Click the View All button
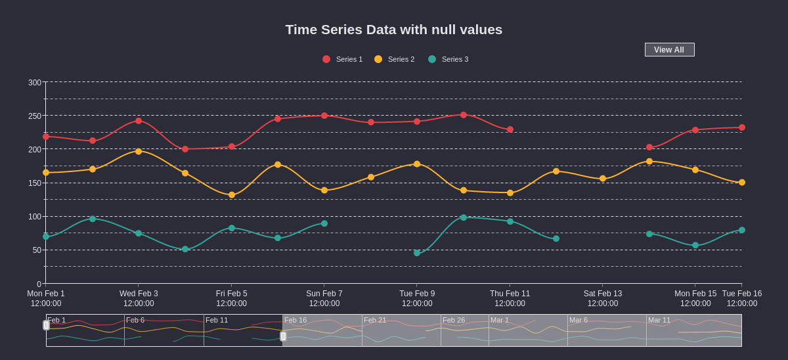[x=669, y=50]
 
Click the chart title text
[x=394, y=30]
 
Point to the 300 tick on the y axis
[x=35, y=83]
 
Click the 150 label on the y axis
[x=35, y=183]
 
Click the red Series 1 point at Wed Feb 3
[x=139, y=121]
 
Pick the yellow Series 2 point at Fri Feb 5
[x=232, y=195]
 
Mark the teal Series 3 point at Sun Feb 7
[x=324, y=223]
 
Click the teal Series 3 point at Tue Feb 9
[x=417, y=253]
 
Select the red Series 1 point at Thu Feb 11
[x=510, y=129]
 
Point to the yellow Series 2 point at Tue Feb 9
[x=417, y=164]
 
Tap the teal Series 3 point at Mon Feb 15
[x=695, y=245]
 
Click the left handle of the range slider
[x=46, y=325]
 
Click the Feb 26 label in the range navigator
[x=454, y=320]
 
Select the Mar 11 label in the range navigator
[x=659, y=320]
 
